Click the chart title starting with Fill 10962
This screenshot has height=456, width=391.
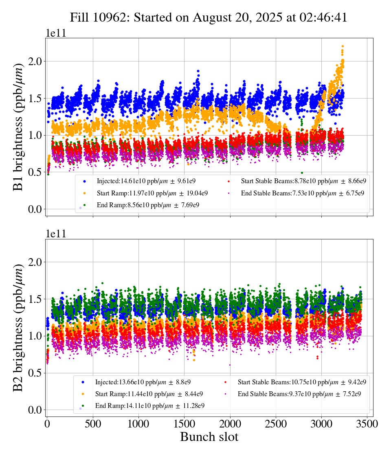[x=208, y=18]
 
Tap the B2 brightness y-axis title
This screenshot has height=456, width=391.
[x=18, y=327]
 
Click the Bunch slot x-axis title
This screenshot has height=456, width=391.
[x=209, y=437]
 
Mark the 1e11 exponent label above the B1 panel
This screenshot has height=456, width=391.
[x=55, y=33]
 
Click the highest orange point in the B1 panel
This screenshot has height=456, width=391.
[x=343, y=46]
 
